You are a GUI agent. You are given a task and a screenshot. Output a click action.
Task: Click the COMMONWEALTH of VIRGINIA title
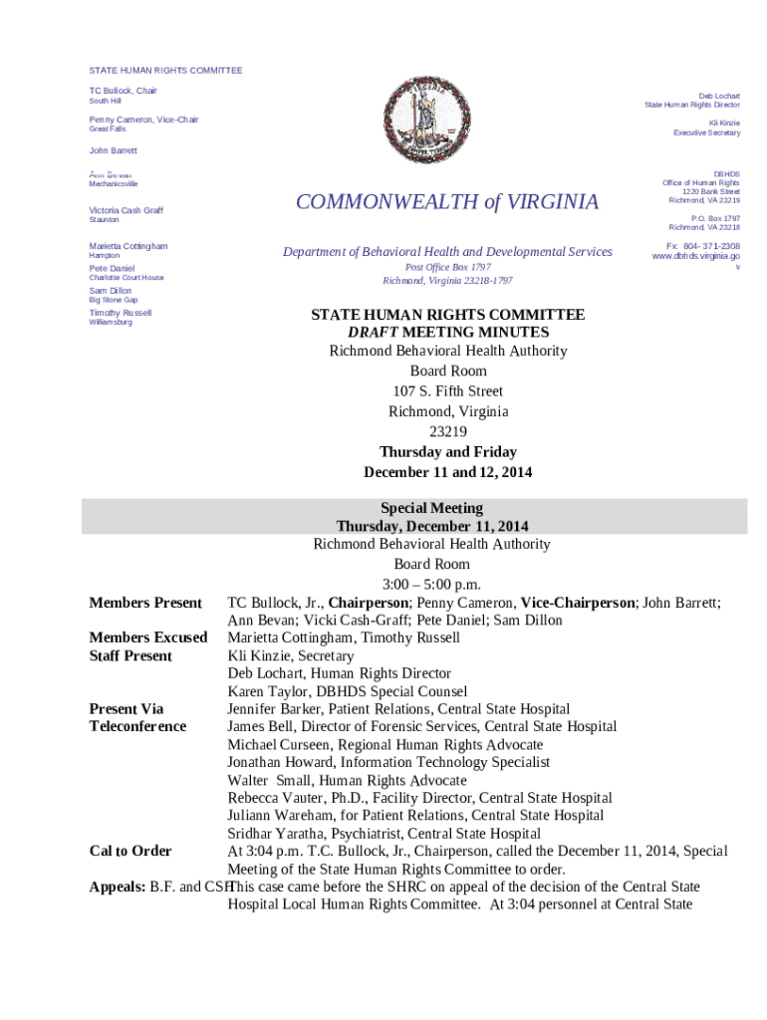coord(447,202)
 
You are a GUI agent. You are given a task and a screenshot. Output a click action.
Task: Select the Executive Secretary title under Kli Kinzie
coord(706,132)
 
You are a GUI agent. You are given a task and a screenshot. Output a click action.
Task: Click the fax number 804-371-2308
coord(703,245)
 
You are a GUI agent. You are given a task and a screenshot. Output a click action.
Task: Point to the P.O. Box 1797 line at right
coord(715,217)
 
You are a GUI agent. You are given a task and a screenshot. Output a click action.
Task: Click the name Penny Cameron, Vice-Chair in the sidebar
coord(143,120)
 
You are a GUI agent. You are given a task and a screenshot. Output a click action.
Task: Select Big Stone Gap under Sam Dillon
coord(114,300)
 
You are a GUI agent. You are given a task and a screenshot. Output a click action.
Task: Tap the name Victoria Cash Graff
coord(127,210)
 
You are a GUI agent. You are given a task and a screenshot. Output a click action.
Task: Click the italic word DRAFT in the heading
coord(372,332)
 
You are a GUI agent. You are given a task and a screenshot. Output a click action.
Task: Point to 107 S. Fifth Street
coord(447,391)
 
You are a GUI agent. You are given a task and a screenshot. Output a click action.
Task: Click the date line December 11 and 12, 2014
coord(447,472)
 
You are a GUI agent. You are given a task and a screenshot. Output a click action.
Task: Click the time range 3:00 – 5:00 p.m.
coord(431,583)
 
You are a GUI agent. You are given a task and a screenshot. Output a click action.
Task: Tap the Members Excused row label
coord(148,637)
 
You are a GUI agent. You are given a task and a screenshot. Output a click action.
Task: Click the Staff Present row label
coord(130,655)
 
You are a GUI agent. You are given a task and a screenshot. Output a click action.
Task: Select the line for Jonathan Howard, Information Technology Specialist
coord(388,762)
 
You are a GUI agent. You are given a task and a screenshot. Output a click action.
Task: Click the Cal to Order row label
coord(130,851)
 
